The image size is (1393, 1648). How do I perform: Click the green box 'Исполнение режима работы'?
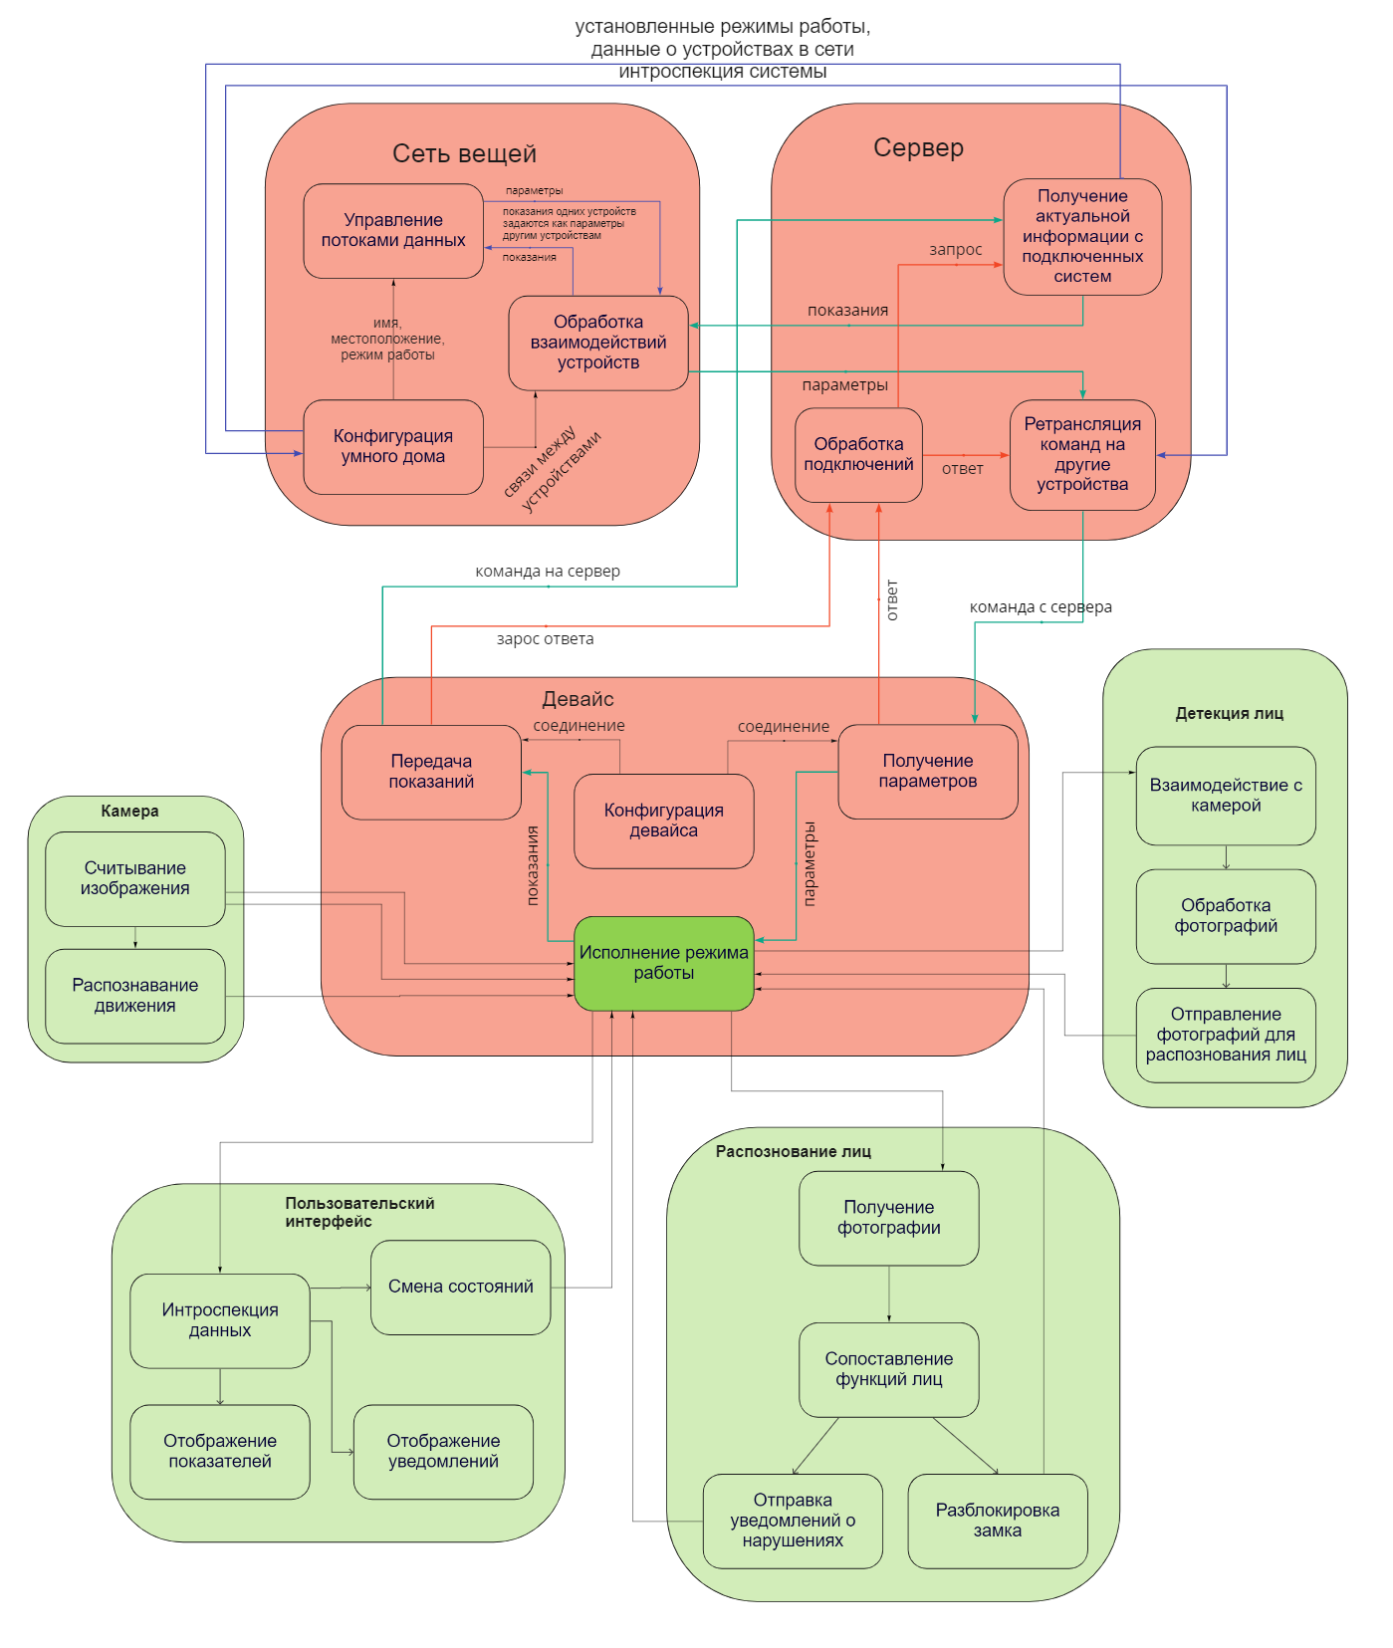coord(663,963)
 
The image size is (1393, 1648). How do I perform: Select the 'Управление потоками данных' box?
coord(392,230)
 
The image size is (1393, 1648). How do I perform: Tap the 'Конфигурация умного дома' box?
coord(392,446)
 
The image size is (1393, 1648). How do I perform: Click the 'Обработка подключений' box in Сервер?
coord(858,454)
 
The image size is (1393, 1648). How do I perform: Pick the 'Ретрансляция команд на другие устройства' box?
coord(1082,454)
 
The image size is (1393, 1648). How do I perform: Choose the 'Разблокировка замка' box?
coord(997,1521)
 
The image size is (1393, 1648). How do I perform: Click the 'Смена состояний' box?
coord(460,1287)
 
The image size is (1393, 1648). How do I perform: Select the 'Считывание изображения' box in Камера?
coord(134,878)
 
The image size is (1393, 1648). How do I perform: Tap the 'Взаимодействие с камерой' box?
coord(1225,795)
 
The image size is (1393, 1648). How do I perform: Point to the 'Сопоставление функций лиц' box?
coord(888,1369)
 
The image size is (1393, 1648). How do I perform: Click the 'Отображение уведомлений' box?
coord(443,1451)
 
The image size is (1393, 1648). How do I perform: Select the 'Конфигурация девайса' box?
coord(663,821)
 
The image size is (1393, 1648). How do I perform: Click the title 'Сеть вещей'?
coord(464,153)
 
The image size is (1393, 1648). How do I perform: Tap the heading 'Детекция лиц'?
coord(1229,713)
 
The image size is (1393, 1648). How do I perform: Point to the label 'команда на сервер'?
coord(548,572)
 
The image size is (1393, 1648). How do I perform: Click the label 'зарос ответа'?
coord(545,639)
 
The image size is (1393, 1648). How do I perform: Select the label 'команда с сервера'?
coord(1041,607)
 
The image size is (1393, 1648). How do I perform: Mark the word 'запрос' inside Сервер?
coord(955,250)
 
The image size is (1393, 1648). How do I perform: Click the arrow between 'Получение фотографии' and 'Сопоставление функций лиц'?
coord(889,1295)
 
